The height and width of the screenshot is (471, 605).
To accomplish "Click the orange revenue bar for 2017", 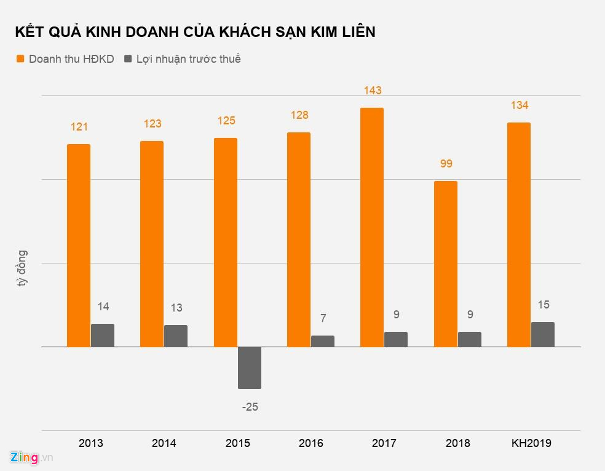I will [371, 227].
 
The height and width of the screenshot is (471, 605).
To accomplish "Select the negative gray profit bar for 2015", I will [250, 368].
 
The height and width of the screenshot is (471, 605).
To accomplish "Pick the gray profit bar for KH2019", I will [542, 334].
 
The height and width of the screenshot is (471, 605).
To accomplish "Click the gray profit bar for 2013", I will [103, 336].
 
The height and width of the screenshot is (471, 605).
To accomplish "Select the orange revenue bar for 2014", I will [152, 244].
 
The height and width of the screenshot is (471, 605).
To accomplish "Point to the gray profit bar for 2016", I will [323, 341].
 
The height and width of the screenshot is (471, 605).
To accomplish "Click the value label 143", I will [372, 91].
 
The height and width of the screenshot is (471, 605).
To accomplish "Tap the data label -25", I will [250, 407].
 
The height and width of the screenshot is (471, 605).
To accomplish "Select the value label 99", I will [445, 164].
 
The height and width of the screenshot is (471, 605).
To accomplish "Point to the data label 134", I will [519, 105].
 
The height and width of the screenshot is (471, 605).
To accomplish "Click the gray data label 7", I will [323, 318].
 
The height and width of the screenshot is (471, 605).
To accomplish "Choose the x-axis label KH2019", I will [531, 443].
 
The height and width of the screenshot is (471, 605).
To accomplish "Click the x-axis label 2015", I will [238, 443].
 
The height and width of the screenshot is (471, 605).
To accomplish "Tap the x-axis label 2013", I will [91, 443].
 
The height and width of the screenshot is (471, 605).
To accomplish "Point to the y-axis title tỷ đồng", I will [22, 269].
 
